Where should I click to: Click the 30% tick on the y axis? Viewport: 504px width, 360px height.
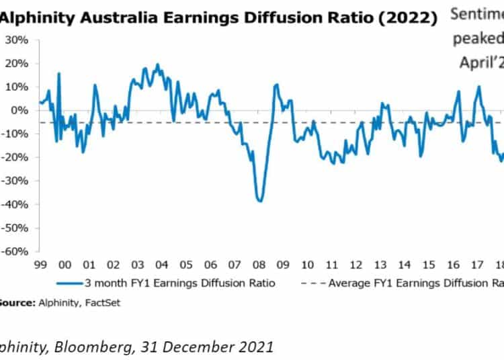pos(17,40)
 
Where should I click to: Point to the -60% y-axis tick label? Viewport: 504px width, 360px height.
pos(16,251)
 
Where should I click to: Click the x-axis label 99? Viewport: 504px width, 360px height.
pos(40,265)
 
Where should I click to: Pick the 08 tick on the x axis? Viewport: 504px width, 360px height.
pos(259,265)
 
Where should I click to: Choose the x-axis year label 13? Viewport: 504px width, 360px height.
pos(380,265)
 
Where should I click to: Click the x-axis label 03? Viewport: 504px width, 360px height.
pos(137,265)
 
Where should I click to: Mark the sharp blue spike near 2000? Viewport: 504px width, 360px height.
pos(59,73)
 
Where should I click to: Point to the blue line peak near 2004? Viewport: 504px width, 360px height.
pos(158,65)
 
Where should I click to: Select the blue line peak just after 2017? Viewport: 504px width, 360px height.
pos(479,86)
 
